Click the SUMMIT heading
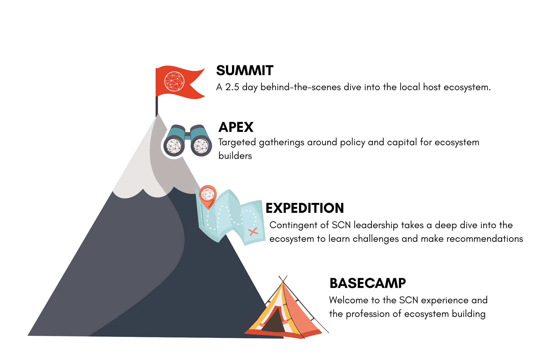pos(245,71)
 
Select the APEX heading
pos(236,127)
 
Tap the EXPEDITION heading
pos(305,208)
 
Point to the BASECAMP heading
pos(368,283)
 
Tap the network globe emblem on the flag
pos(174,82)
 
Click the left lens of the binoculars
pos(174,146)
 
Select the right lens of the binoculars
pos(201,146)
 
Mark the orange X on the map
pos(253,231)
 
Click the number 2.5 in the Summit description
pos(232,87)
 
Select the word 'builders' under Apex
pos(235,156)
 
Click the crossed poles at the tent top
pos(283,279)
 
